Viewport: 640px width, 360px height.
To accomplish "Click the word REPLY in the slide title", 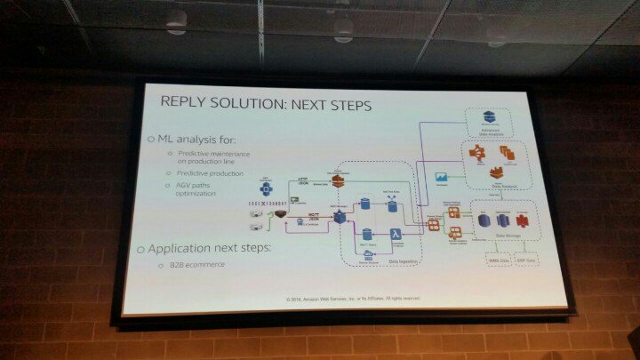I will (184, 104).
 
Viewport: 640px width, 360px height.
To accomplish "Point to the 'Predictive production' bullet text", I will (212, 175).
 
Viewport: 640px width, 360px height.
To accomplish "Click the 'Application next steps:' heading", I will (213, 247).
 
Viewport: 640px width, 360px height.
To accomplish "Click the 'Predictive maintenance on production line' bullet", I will (213, 158).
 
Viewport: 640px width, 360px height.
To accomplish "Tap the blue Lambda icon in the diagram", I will (396, 234).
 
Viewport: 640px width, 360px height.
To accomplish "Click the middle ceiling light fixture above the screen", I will (342, 27).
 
